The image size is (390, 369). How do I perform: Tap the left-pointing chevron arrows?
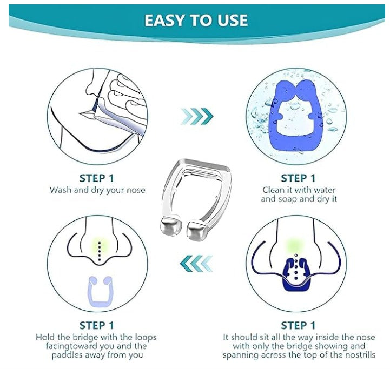coord(195,263)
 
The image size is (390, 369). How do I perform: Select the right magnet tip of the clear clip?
coord(199,231)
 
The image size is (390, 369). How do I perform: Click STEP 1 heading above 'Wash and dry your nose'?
coord(97,178)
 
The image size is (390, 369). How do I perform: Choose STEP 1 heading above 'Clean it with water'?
coord(298,178)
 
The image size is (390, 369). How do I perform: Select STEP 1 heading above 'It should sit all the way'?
coord(298,325)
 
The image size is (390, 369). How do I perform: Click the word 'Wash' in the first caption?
coord(60,190)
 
